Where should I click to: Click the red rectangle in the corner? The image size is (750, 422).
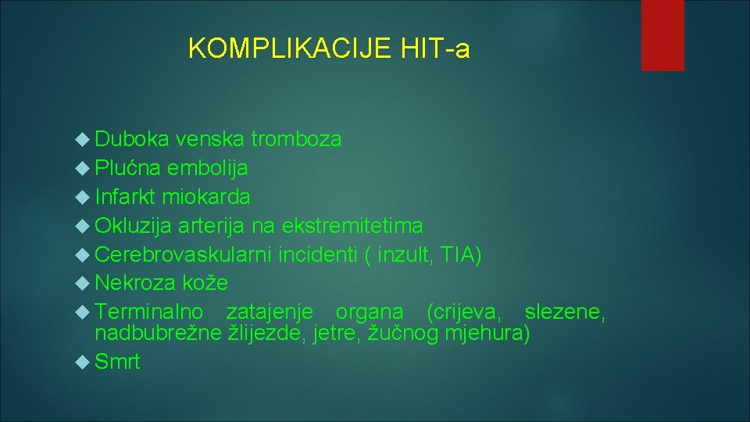point(662,35)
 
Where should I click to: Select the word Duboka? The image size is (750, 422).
point(131,139)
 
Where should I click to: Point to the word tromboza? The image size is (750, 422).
point(296,139)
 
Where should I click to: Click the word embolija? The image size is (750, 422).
point(208,168)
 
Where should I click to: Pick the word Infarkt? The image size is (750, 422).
point(125,197)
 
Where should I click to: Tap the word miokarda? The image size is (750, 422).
point(206,197)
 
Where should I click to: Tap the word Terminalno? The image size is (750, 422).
point(149,312)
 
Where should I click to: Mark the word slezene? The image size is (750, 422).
point(564,312)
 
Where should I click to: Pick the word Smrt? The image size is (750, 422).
point(118,362)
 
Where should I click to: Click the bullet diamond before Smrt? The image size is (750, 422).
point(85,362)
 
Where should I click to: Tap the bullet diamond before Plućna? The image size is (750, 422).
point(85,168)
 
